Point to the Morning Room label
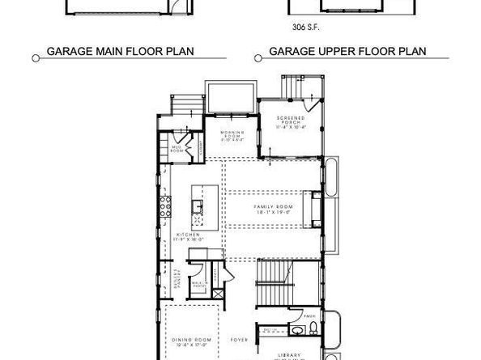pyautogui.click(x=235, y=134)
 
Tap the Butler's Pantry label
pyautogui.click(x=176, y=278)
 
